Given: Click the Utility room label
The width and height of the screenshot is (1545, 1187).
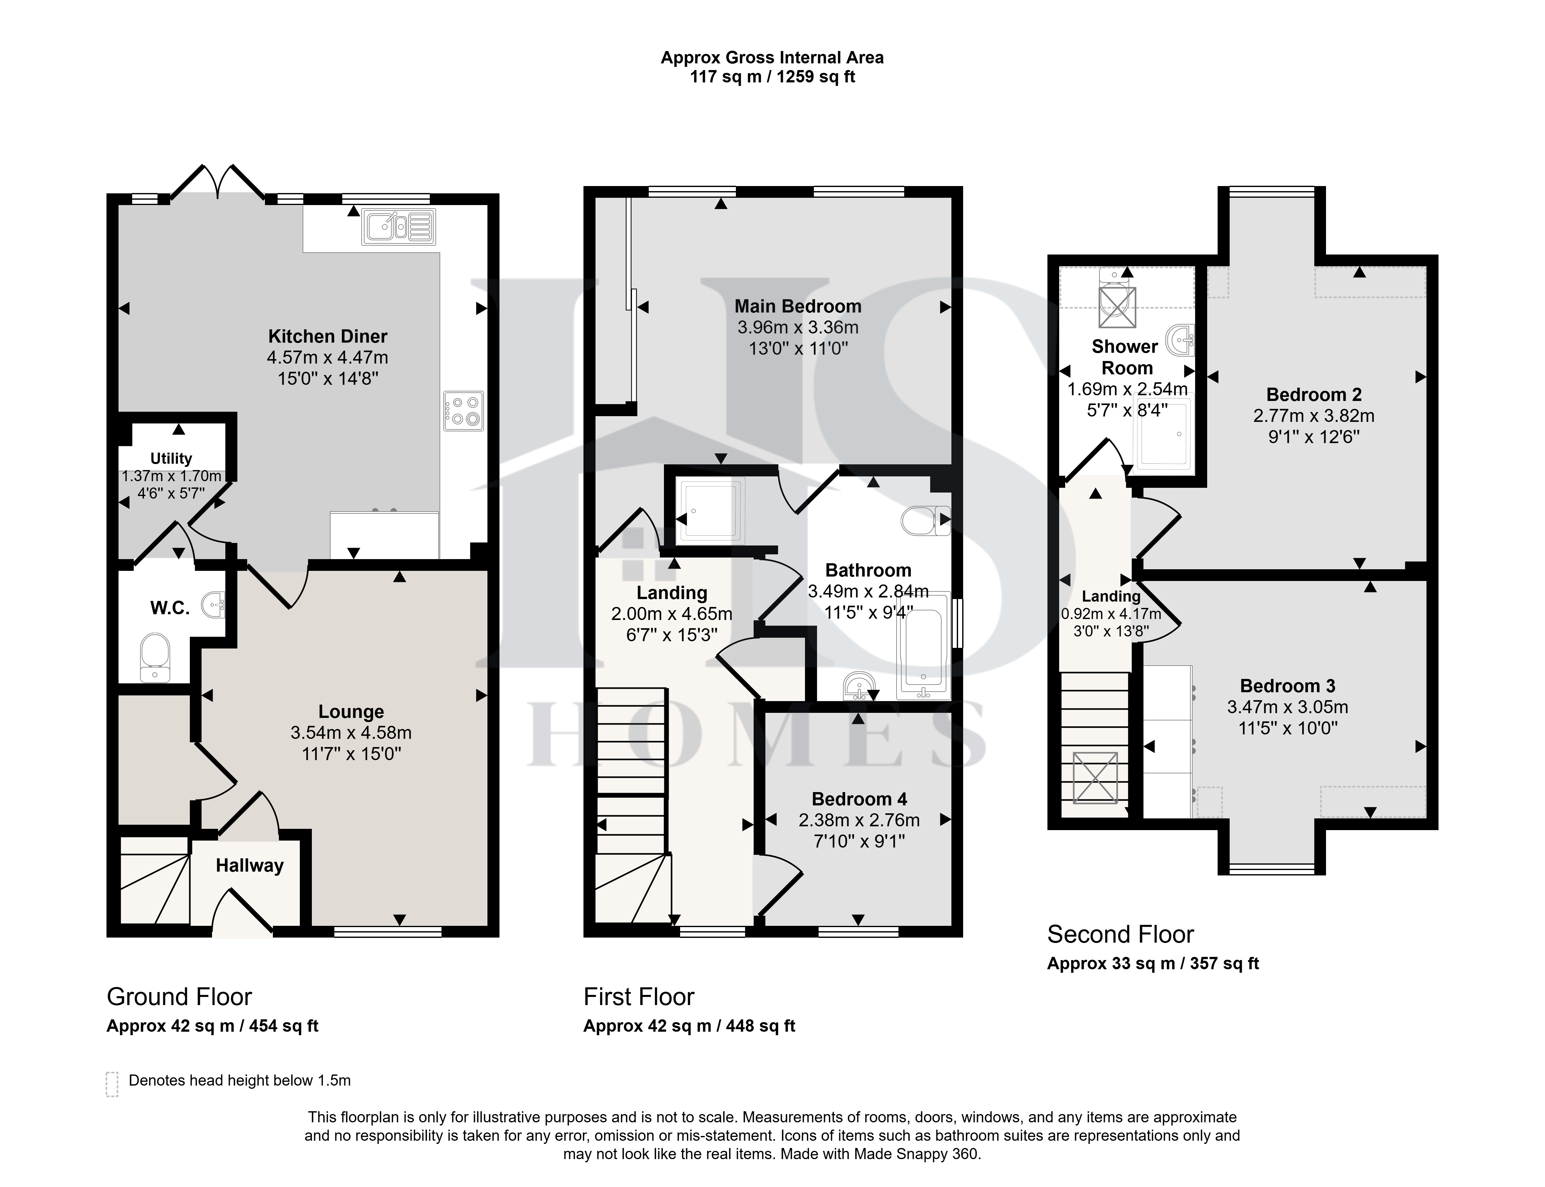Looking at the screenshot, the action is pos(171,459).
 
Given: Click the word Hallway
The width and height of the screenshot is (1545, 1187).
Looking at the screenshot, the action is pos(249,866).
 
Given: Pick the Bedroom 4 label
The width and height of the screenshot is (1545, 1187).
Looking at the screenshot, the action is pos(859,799).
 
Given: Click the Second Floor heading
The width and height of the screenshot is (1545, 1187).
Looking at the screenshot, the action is pos(1120,934).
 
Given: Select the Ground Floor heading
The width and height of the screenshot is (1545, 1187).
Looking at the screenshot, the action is pos(179,997).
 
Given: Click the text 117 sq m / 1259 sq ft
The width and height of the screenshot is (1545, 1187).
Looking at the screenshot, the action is pos(772,77).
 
